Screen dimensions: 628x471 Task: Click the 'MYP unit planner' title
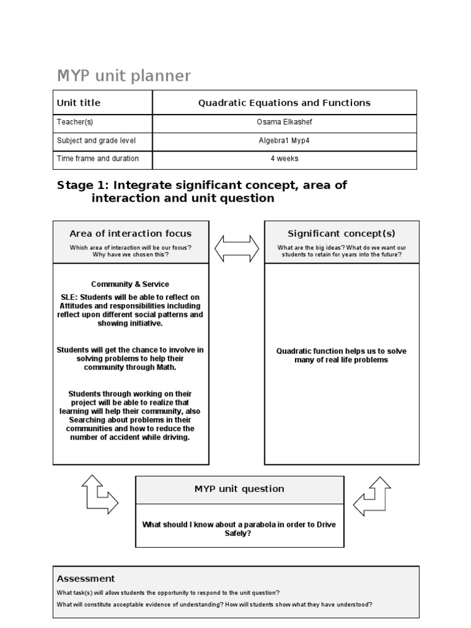click(123, 76)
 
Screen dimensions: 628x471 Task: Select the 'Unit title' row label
click(78, 103)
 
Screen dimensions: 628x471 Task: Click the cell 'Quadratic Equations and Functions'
click(284, 103)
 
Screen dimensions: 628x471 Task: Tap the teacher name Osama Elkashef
click(284, 122)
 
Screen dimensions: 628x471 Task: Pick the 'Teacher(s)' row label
click(75, 122)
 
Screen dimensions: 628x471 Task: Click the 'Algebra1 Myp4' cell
click(284, 140)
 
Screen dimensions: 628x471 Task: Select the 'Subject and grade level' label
click(96, 140)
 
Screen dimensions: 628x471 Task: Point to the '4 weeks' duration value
click(284, 159)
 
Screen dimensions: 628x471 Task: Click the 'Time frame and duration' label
click(98, 159)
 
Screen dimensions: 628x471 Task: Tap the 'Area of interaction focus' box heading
click(130, 234)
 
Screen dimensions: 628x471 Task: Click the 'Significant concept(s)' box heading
click(342, 234)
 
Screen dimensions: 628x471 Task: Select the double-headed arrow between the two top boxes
click(237, 248)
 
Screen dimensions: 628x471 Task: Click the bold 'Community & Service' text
click(130, 285)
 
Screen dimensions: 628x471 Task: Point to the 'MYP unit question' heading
click(239, 489)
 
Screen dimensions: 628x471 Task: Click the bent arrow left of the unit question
click(99, 494)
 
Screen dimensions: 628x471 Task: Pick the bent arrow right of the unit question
click(373, 496)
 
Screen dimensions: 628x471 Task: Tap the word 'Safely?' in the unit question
click(239, 534)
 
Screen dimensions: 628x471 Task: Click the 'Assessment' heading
click(85, 578)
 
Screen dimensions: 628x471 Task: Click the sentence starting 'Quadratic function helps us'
click(341, 356)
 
